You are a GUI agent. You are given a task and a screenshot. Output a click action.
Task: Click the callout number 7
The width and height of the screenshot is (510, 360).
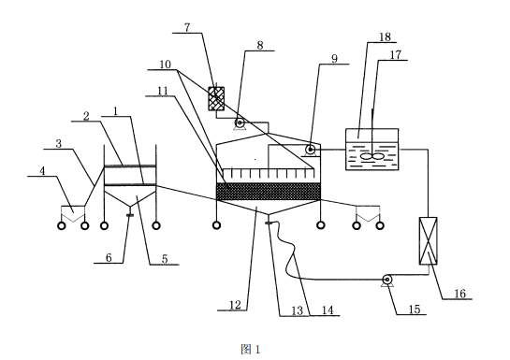(187, 27)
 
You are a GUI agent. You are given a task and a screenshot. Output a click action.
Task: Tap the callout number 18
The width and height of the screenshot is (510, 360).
(385, 36)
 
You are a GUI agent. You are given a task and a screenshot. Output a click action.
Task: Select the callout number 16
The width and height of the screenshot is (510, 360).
(460, 294)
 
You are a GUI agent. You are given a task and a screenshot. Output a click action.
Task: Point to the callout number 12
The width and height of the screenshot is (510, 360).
(235, 305)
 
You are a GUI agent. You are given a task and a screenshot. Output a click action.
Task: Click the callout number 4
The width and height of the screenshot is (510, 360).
(42, 171)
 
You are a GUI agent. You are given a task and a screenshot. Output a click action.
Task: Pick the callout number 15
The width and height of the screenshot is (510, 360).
(415, 309)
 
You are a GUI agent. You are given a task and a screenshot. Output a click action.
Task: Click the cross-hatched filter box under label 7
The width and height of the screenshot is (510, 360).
(216, 98)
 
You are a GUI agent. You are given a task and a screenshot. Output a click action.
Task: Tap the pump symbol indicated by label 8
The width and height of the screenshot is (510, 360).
(240, 123)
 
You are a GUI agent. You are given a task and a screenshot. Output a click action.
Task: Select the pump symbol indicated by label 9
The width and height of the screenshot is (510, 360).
(310, 151)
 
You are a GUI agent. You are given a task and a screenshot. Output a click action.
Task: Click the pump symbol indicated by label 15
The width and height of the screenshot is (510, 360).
(387, 281)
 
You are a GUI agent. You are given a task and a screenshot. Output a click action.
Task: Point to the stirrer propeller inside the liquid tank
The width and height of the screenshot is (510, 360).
(372, 156)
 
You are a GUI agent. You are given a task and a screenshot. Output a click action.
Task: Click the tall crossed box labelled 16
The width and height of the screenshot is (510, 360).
(428, 240)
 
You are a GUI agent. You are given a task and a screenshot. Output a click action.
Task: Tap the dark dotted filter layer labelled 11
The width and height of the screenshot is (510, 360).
(269, 192)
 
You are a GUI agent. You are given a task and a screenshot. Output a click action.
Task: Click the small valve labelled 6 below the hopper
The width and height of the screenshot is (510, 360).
(129, 215)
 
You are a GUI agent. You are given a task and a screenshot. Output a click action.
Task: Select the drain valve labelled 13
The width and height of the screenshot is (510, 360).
(269, 223)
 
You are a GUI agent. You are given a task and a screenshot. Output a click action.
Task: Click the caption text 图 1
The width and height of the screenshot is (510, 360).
(251, 350)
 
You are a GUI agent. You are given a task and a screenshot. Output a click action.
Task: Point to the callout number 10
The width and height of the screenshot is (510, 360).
(166, 65)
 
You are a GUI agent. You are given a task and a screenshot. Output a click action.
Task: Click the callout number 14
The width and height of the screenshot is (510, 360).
(328, 310)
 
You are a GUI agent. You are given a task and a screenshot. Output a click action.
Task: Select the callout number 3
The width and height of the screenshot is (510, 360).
(59, 144)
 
